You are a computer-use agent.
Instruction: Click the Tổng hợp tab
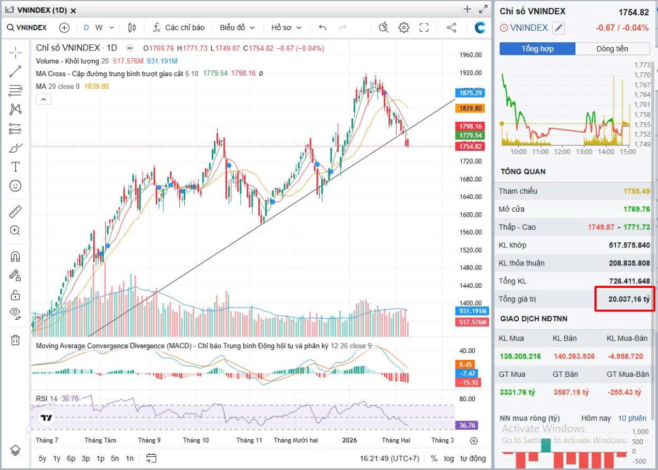(537, 49)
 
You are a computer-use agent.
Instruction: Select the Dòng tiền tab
(612, 49)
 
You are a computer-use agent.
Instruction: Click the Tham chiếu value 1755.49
(636, 191)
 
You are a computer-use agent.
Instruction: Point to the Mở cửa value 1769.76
(636, 209)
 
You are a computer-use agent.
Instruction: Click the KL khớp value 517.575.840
(629, 245)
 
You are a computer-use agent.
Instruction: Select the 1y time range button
(56, 458)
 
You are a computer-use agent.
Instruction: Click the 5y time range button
(42, 458)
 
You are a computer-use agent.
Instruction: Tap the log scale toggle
(449, 458)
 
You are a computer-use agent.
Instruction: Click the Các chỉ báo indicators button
(179, 27)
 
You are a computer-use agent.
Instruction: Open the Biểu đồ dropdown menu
(237, 27)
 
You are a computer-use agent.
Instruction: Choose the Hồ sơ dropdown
(285, 27)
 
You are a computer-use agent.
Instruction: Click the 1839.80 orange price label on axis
(470, 109)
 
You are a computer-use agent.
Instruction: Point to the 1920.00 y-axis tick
(471, 72)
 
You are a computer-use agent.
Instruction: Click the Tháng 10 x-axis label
(196, 440)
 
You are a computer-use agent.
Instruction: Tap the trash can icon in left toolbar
(15, 340)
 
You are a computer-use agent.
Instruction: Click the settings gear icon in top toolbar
(404, 27)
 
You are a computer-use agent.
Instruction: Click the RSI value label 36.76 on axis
(468, 425)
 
